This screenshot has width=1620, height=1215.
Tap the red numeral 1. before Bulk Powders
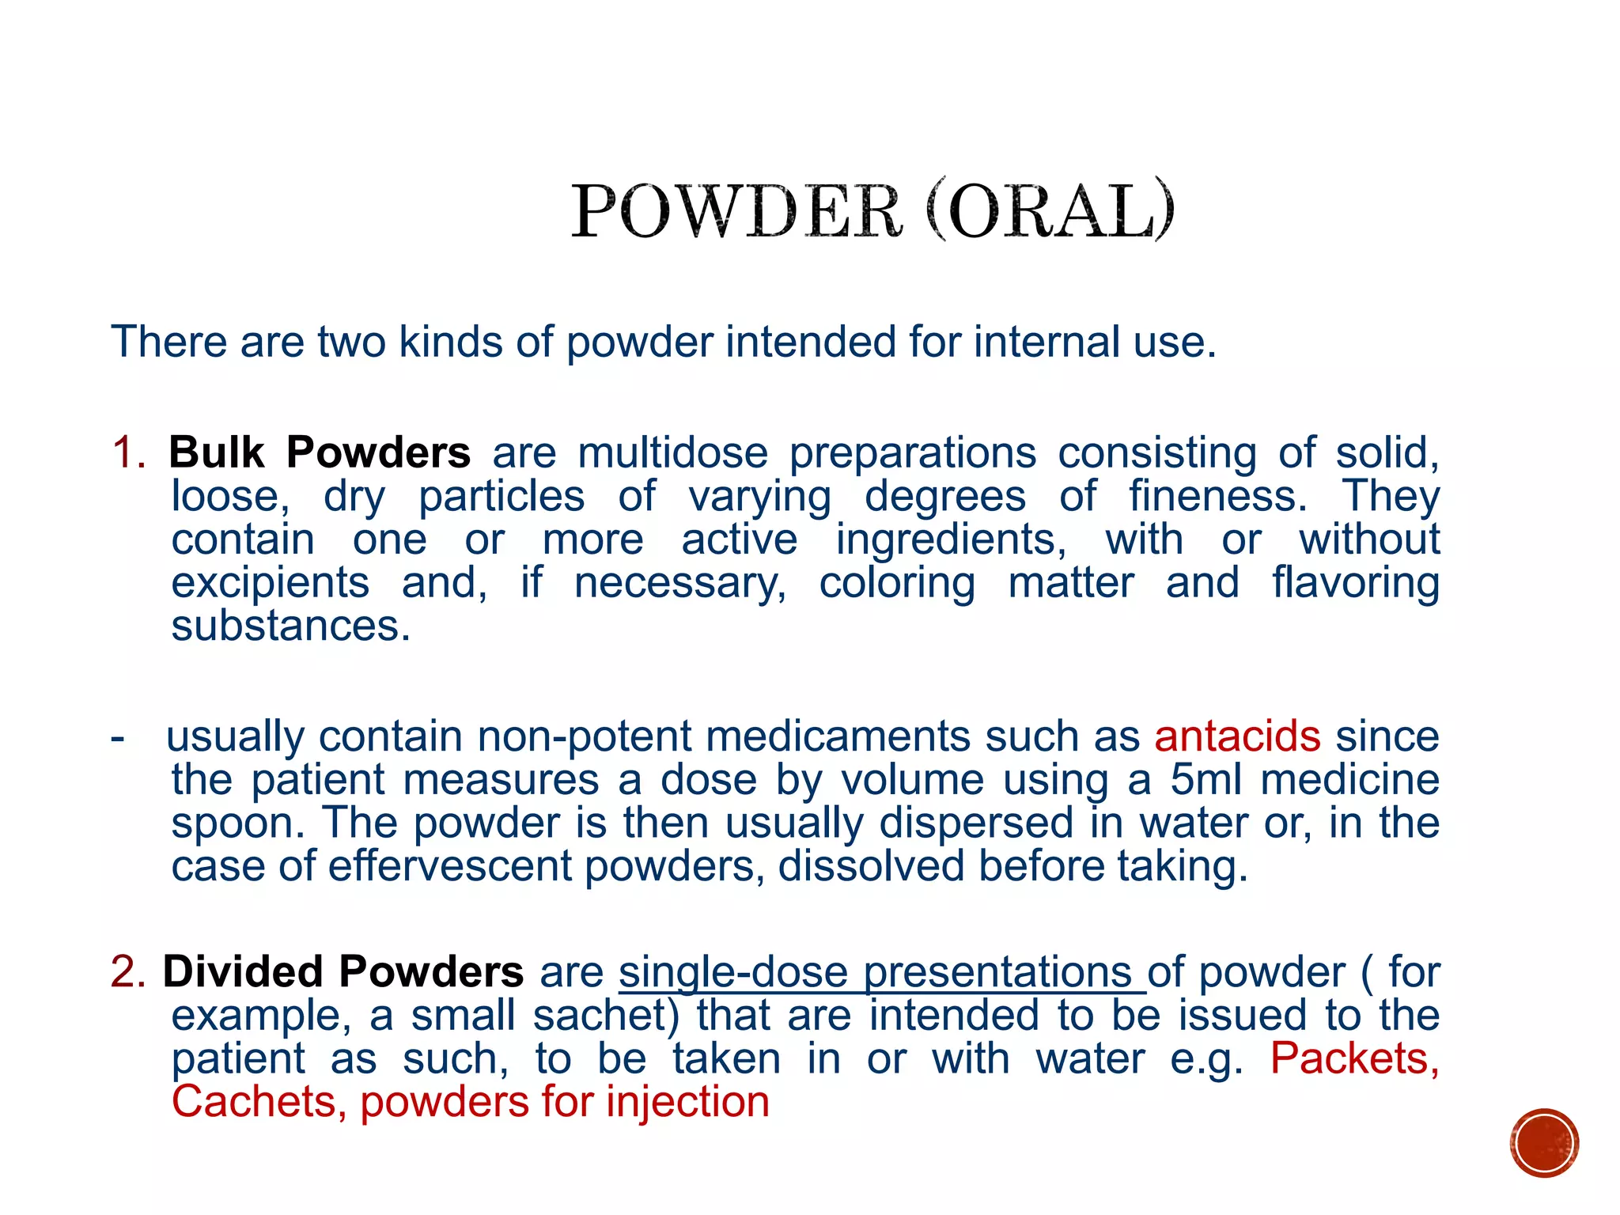[128, 453]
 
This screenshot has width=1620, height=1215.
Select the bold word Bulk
[217, 452]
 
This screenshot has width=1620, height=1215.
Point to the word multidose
[672, 453]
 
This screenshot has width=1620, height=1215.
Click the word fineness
[1217, 497]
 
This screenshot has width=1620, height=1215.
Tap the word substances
[290, 626]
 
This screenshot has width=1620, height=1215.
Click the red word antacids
[1237, 736]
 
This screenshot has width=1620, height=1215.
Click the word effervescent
[449, 866]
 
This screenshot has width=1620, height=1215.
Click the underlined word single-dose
[733, 973]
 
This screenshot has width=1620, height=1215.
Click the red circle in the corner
[1543, 1143]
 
